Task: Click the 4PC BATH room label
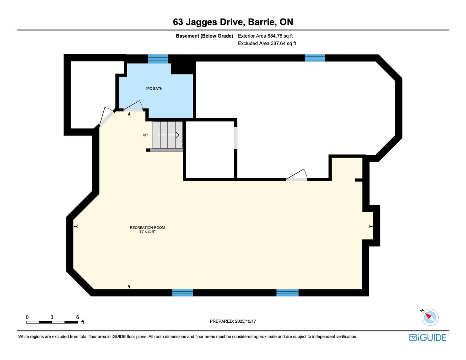click(x=154, y=89)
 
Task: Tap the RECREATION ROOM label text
click(x=147, y=228)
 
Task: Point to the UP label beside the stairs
click(x=145, y=135)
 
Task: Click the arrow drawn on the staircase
click(x=168, y=135)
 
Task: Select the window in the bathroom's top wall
click(x=158, y=59)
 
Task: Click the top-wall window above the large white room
click(x=315, y=58)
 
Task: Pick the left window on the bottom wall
click(x=182, y=293)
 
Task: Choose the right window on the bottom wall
click(x=287, y=293)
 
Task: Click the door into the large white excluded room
click(x=296, y=175)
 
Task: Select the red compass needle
click(x=428, y=316)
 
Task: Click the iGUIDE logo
click(x=428, y=337)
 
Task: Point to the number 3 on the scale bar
click(x=52, y=317)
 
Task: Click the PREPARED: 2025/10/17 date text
click(x=233, y=321)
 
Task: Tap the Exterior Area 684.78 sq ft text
click(x=265, y=36)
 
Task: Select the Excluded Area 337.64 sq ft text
click(x=267, y=43)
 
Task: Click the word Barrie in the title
click(x=261, y=22)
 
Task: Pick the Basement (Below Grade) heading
click(x=204, y=36)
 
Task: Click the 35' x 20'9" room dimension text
click(x=147, y=231)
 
